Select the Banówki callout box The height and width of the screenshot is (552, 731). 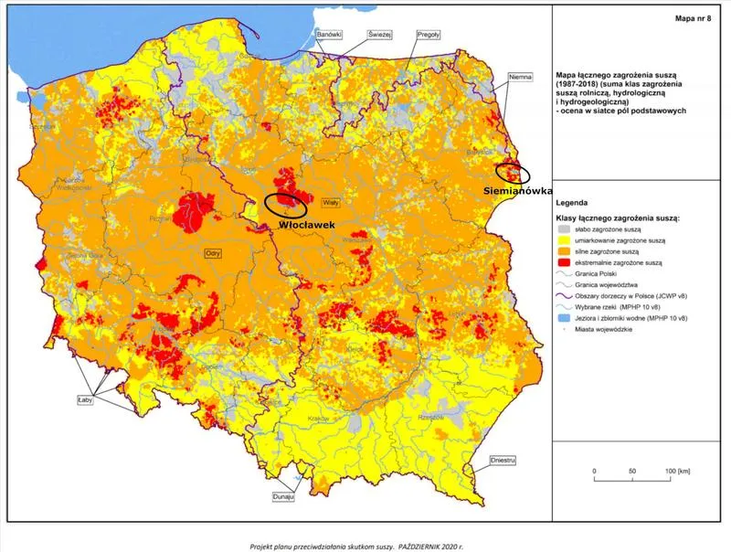coord(328,34)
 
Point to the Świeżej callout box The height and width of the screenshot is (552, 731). coord(379,34)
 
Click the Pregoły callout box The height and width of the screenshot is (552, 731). coord(428,34)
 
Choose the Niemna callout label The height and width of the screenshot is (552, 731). coord(519,77)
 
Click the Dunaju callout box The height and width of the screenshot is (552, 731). coord(284,496)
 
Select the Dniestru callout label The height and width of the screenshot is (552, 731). coord(503,461)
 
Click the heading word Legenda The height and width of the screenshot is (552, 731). coord(577,203)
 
